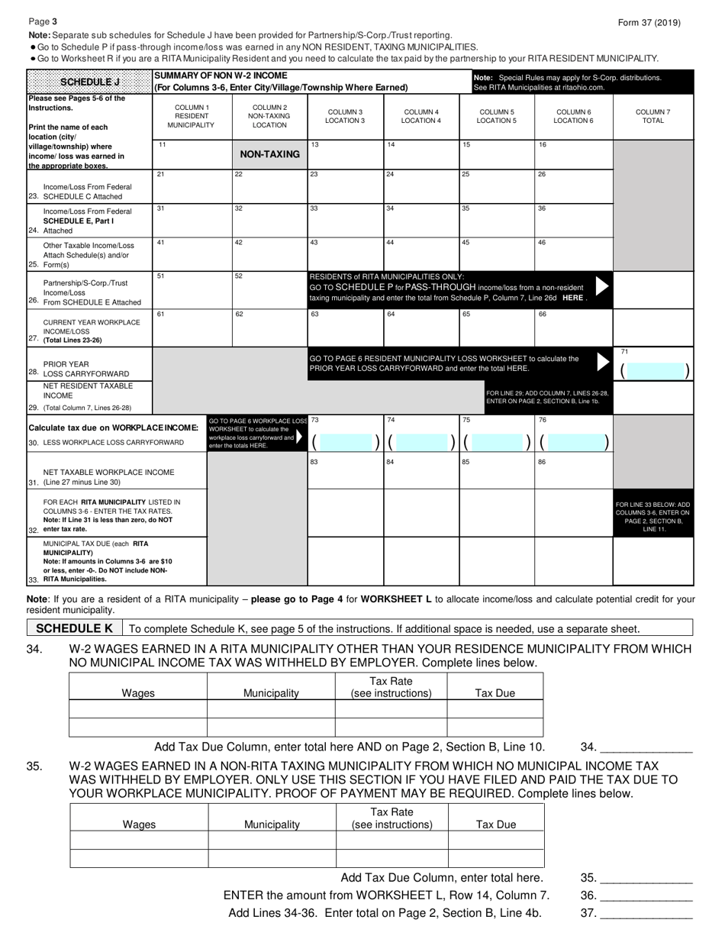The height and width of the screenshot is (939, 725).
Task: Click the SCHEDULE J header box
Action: (89, 81)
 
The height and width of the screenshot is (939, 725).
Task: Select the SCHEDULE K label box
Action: (74, 628)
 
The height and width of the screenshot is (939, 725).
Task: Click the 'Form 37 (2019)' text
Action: (649, 23)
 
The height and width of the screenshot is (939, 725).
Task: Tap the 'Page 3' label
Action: (43, 22)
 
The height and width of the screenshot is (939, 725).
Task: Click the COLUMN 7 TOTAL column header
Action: (653, 116)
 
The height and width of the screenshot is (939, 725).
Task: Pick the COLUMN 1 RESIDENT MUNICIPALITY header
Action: (192, 115)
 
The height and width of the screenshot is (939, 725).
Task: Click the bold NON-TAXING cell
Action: (269, 153)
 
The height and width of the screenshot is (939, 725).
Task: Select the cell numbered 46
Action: (574, 253)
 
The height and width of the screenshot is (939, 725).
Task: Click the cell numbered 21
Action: (192, 186)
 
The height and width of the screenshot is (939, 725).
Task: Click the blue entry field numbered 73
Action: (346, 442)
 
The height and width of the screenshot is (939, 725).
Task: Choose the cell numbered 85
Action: (497, 472)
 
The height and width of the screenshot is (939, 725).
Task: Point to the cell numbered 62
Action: (269, 327)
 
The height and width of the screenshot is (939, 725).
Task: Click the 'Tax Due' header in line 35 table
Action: (496, 824)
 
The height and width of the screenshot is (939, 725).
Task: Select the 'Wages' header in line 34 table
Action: (138, 693)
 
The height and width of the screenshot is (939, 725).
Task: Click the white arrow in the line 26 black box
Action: (602, 286)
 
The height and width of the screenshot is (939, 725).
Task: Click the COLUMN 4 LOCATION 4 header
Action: (421, 116)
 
